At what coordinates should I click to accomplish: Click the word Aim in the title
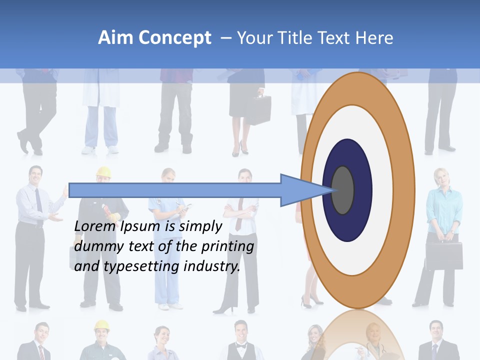115,38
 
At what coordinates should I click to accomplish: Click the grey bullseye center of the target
342,190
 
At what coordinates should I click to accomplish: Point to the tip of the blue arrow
332,190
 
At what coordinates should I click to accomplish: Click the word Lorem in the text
95,226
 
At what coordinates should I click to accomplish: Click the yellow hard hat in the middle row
103,172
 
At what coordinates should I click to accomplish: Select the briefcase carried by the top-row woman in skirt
258,109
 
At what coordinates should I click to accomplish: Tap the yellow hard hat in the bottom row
101,325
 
